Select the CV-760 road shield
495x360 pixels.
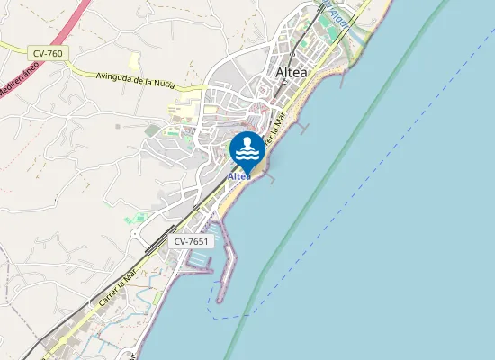pos(48,54)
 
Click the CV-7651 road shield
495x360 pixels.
pos(192,241)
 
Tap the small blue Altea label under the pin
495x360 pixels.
pos(239,176)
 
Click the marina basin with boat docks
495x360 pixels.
pos(199,262)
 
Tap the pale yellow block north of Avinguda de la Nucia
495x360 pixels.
pos(134,62)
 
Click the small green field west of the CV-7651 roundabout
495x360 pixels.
pos(135,218)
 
